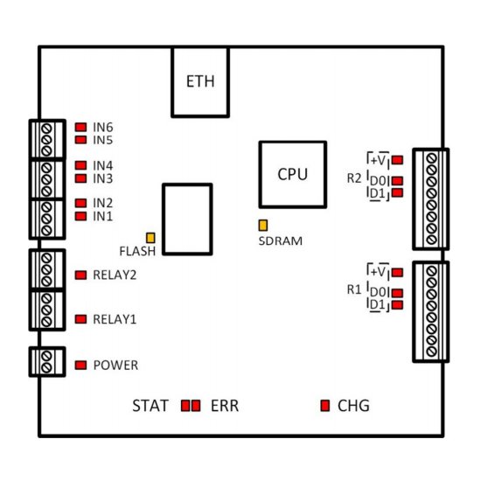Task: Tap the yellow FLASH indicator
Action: click(150, 238)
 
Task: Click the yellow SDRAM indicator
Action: click(263, 225)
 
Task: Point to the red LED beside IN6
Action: click(80, 127)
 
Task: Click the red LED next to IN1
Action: click(80, 216)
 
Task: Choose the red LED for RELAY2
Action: click(80, 275)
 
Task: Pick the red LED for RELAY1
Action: click(80, 319)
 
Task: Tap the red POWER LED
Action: click(80, 365)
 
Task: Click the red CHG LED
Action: click(324, 406)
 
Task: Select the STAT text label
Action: click(150, 406)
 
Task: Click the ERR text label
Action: click(225, 406)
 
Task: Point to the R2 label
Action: click(354, 178)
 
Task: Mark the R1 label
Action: click(354, 289)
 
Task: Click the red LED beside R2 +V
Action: click(398, 160)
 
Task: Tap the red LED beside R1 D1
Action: click(398, 305)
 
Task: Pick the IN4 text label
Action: click(103, 165)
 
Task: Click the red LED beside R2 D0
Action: click(398, 181)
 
